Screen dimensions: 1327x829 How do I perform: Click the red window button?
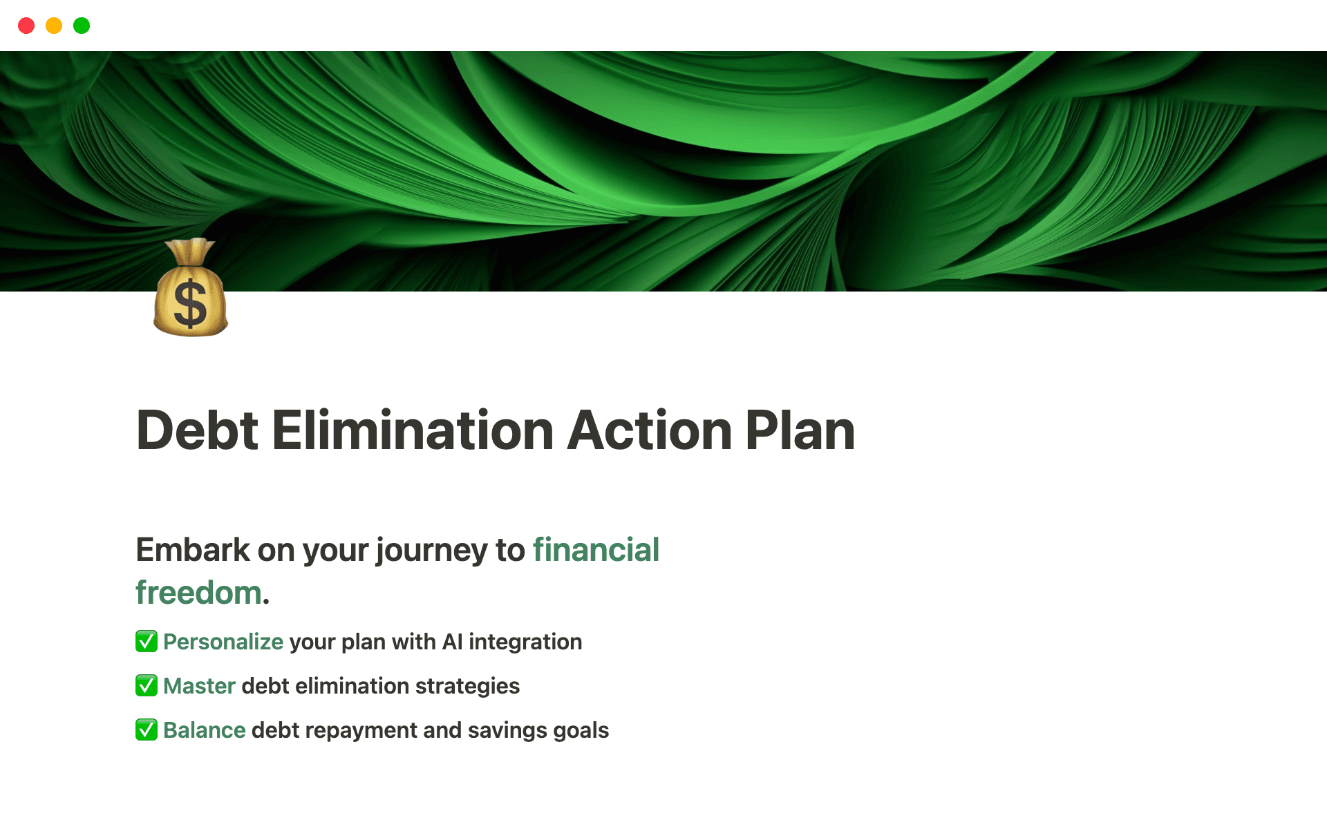[x=26, y=26]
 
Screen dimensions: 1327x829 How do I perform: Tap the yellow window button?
[x=54, y=26]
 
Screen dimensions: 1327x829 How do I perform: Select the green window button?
[x=82, y=26]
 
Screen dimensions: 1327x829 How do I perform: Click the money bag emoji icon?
[x=191, y=287]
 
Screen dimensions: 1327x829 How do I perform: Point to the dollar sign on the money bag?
[x=190, y=303]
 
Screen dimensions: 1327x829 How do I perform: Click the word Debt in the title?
[x=198, y=430]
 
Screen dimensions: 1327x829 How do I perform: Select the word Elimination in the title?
[x=413, y=430]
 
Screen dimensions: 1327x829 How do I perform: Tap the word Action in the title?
[x=649, y=430]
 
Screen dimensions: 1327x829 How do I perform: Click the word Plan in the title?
[x=800, y=430]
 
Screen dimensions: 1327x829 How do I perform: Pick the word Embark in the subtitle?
[x=193, y=550]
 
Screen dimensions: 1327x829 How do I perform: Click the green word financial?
[x=596, y=550]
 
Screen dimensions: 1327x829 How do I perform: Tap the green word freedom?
[x=198, y=593]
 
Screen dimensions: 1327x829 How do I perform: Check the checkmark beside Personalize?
[x=147, y=641]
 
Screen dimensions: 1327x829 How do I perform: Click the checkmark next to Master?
[x=147, y=685]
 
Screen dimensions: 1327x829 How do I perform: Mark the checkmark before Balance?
[x=147, y=730]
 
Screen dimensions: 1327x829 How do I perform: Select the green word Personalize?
[x=223, y=642]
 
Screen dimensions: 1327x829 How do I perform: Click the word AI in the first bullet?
[x=452, y=642]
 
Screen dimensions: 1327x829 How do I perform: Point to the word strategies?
[x=468, y=686]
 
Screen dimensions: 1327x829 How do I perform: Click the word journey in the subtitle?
[x=433, y=551]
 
